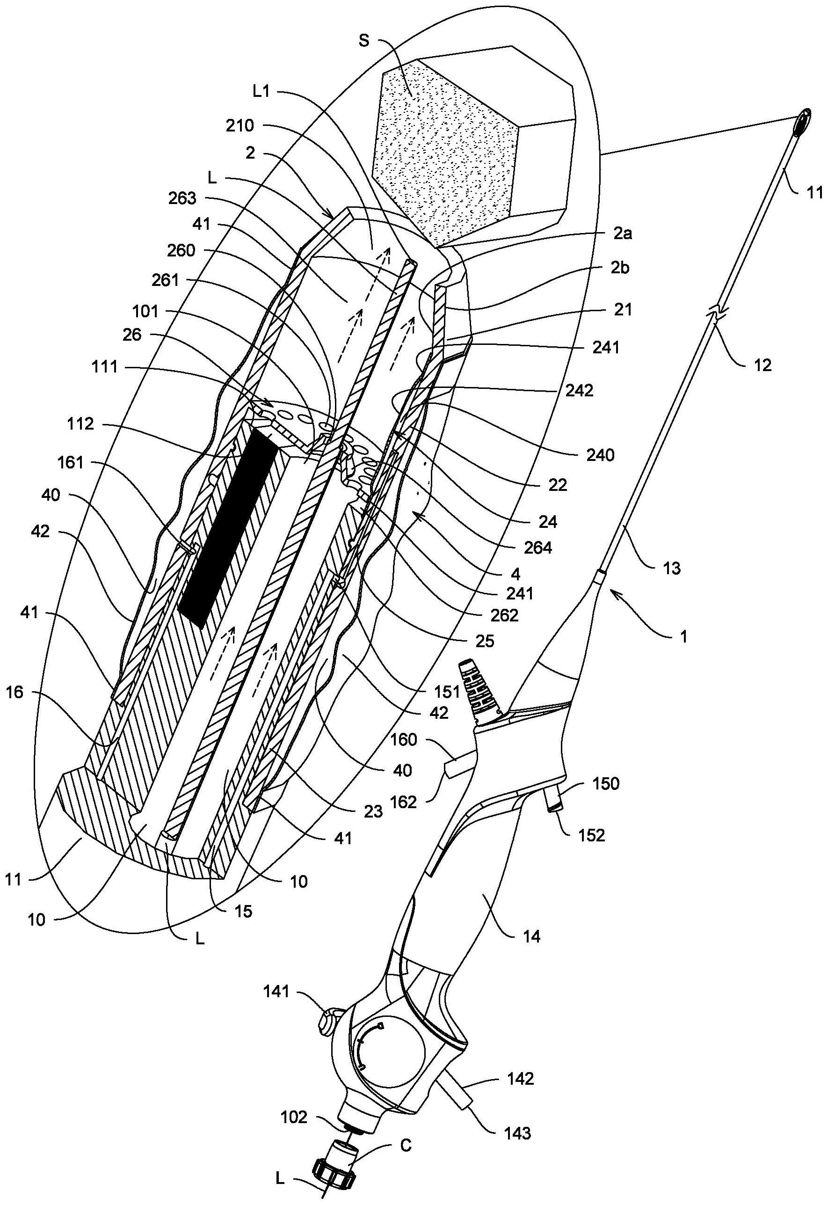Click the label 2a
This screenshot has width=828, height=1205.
621,234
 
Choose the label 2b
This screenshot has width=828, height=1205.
621,269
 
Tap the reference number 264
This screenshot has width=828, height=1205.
538,548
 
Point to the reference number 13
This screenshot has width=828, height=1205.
671,568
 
